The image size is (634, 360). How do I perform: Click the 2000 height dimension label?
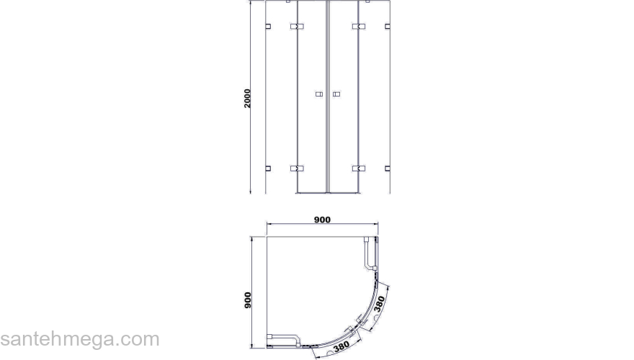point(247,98)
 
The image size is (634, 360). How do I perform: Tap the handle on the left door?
point(319,94)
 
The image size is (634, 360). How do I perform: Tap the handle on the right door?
point(336,94)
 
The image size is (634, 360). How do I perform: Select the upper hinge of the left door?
point(297,26)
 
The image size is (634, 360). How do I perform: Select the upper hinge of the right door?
point(359,26)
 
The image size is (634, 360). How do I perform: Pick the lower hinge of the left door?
point(297,168)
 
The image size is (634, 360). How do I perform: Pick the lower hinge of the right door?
point(359,168)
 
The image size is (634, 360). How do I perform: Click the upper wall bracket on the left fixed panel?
point(268,26)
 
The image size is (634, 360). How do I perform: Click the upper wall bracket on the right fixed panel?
point(388,26)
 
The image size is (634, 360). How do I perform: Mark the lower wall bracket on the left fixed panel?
point(268,168)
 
